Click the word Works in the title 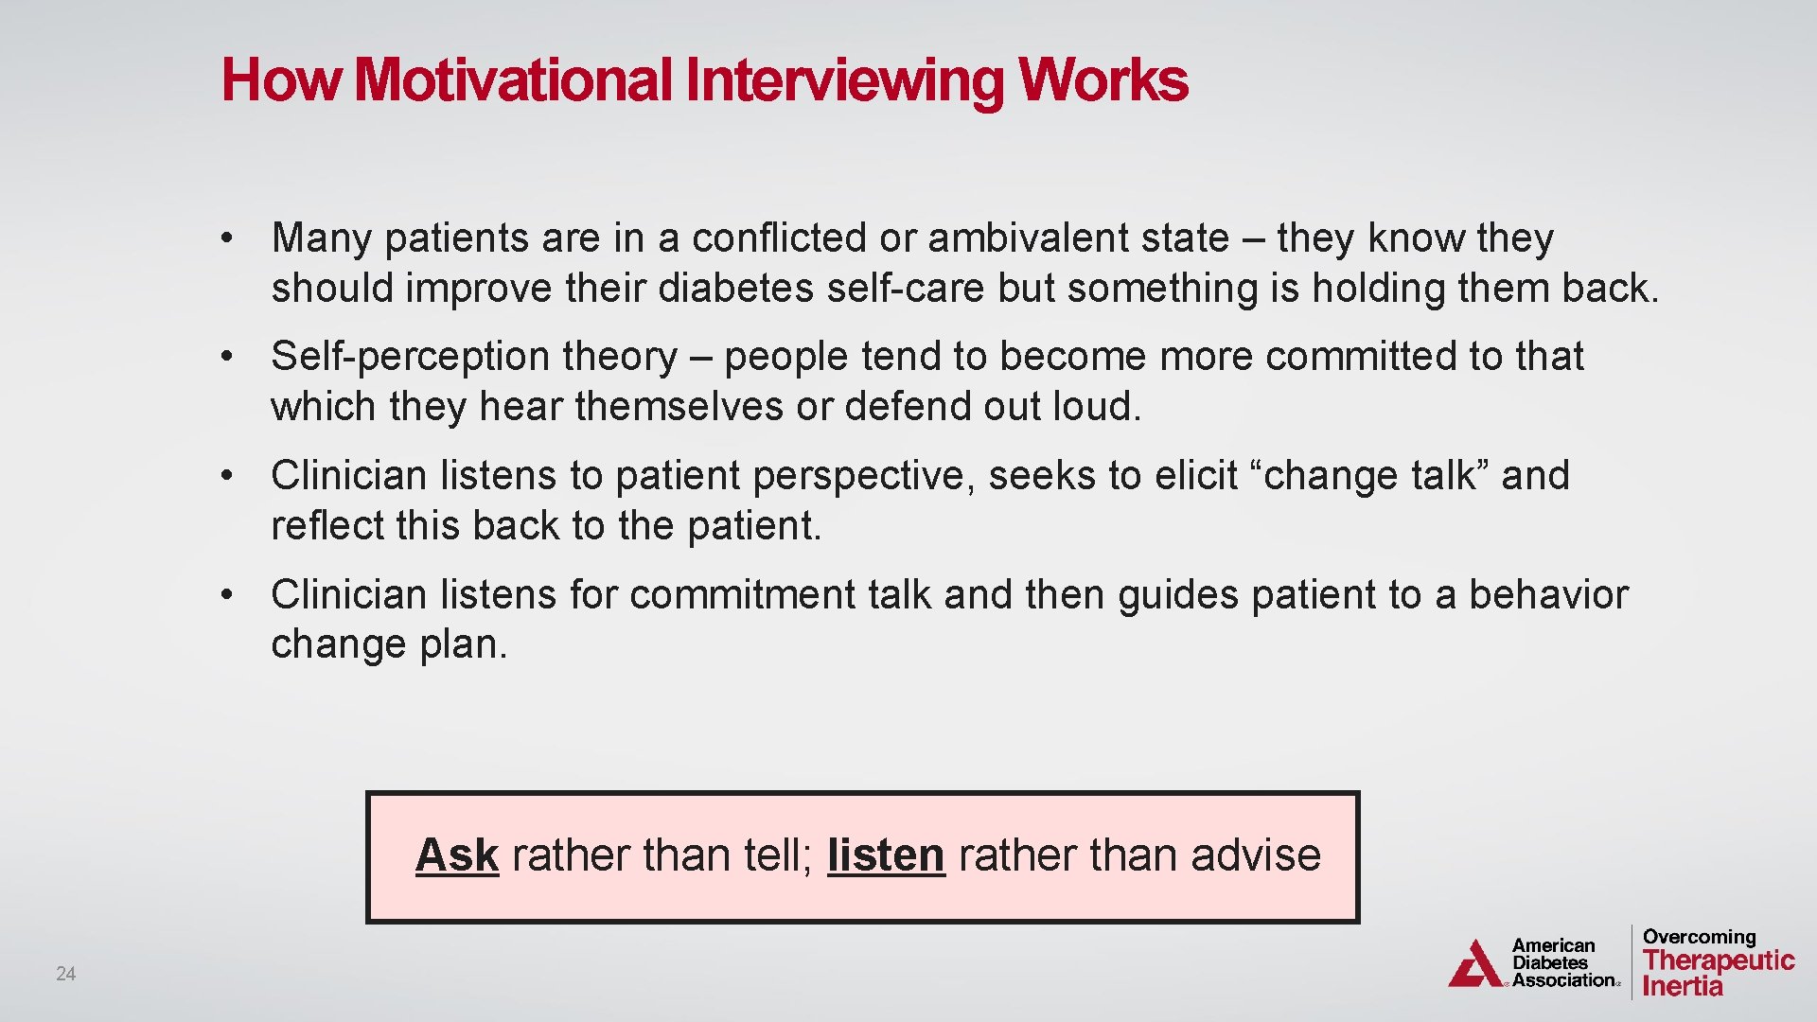point(1103,79)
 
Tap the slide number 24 point(65,974)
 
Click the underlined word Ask point(457,855)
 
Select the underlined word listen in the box point(886,855)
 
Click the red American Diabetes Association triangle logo point(1476,964)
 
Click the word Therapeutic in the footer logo point(1719,960)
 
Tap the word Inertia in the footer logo point(1683,986)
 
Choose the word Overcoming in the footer point(1699,937)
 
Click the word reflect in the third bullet point(326,526)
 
